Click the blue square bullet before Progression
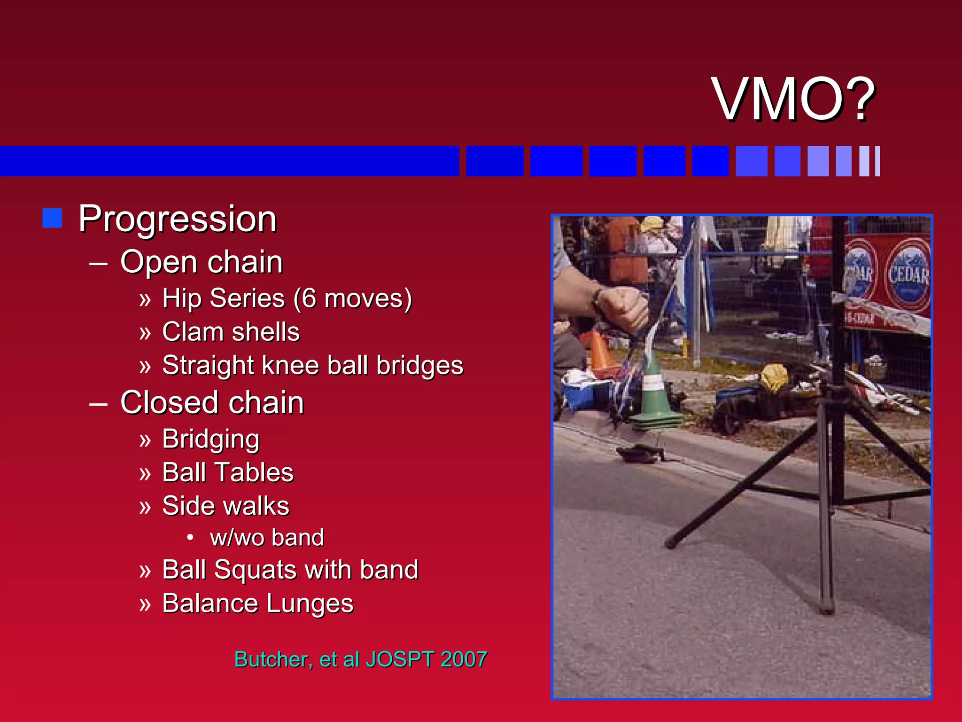click(x=52, y=218)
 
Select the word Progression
click(x=178, y=219)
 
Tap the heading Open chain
click(x=201, y=262)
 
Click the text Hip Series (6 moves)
click(x=287, y=298)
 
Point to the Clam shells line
click(x=231, y=332)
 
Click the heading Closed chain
click(x=212, y=403)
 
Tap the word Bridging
click(x=210, y=439)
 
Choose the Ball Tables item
click(x=227, y=472)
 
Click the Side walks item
click(x=225, y=506)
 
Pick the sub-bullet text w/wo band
click(x=267, y=538)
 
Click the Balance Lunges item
click(x=257, y=604)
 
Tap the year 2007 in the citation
click(x=464, y=659)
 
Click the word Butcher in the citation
click(x=272, y=659)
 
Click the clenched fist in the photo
click(x=622, y=308)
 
